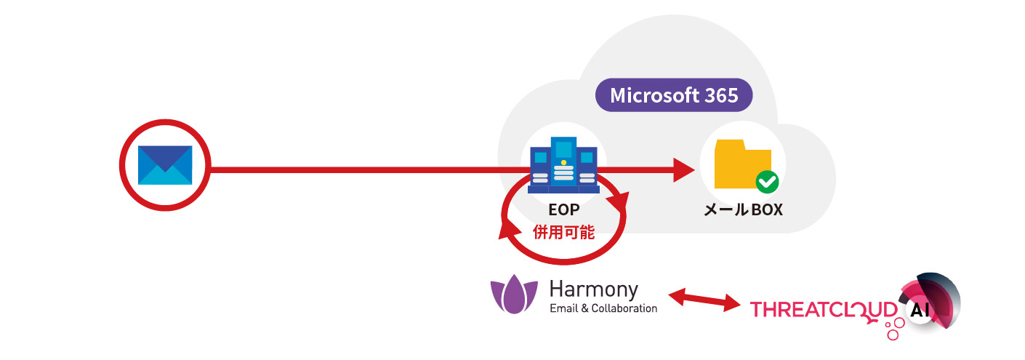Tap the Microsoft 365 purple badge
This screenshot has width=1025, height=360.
click(673, 95)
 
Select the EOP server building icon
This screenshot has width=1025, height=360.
click(563, 165)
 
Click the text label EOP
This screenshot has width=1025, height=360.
click(563, 212)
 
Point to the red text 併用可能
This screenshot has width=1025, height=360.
click(563, 233)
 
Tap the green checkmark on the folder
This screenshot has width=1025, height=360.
click(767, 182)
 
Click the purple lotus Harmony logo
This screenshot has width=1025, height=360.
click(515, 295)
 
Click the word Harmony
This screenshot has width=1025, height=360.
click(593, 289)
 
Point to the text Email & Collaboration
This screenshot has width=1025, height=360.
click(603, 308)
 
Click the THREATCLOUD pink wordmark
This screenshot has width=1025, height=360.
click(824, 310)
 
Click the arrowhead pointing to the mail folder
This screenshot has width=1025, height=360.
click(683, 170)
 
